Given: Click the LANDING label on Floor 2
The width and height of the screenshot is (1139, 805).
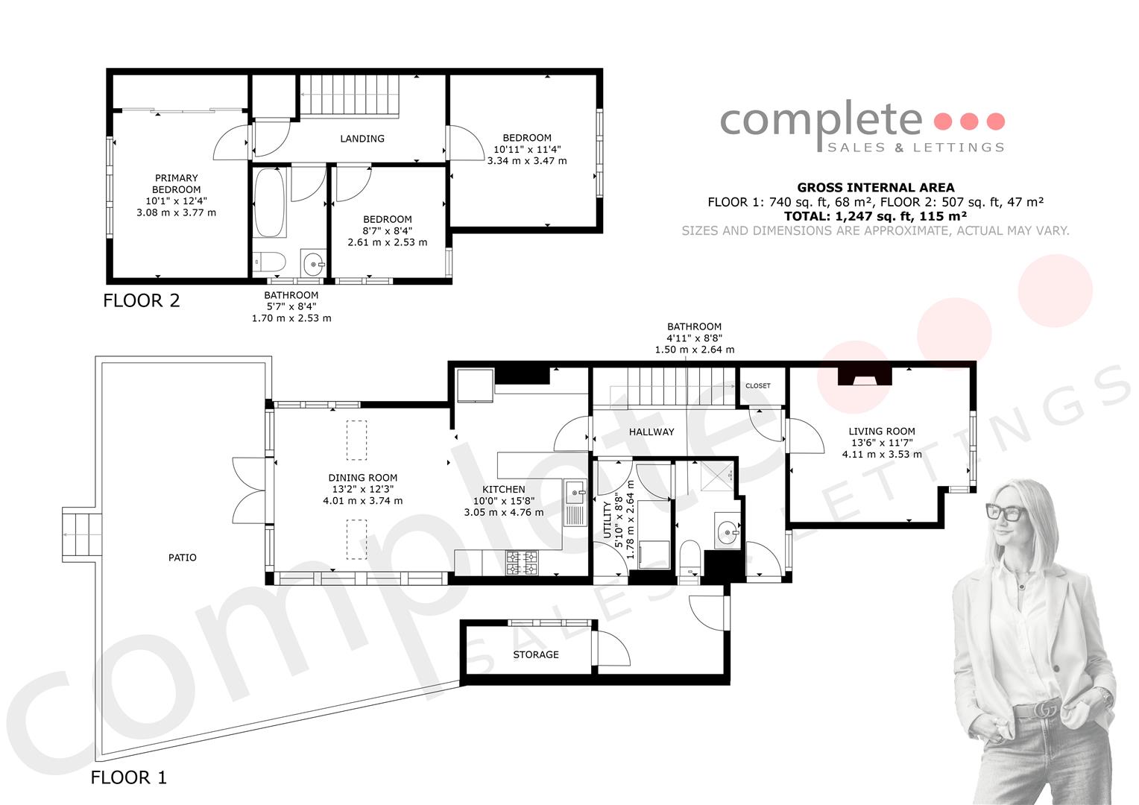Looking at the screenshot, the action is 362,139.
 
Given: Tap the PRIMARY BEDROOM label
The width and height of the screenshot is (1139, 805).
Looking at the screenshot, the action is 177,183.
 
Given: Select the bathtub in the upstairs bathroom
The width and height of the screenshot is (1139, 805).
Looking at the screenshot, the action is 270,203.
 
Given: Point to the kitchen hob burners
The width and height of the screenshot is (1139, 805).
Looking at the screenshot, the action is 521,563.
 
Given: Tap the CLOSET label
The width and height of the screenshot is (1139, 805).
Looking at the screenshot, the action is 757,385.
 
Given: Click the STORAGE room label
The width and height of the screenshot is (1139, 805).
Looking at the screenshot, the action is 535,654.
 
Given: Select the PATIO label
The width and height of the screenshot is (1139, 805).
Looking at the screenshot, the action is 182,558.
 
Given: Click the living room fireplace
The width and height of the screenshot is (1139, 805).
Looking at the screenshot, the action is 865,376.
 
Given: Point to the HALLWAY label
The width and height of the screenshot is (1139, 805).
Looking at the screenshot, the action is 651,432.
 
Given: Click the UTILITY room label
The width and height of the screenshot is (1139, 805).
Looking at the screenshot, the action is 607,520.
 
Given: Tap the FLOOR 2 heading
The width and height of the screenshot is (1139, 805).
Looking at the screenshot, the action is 142,300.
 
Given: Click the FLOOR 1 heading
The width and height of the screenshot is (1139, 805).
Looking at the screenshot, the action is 129,777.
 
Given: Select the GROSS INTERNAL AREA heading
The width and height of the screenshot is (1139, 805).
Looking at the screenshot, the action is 876,187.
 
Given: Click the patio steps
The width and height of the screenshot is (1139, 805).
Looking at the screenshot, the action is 82,534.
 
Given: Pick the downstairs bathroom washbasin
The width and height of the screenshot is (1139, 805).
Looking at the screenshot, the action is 727,531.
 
